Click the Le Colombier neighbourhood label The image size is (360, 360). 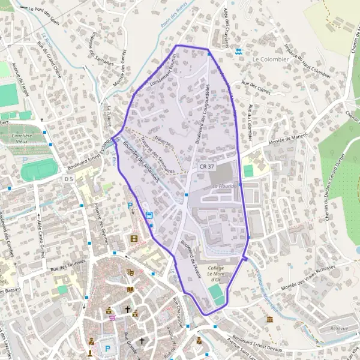tap(271, 59)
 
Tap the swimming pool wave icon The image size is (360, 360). tap(239, 52)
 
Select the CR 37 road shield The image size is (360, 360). tap(206, 165)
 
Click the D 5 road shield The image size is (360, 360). tap(68, 179)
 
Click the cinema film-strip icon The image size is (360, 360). tap(134, 239)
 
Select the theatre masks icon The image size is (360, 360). tap(130, 272)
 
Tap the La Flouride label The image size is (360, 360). tap(226, 187)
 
